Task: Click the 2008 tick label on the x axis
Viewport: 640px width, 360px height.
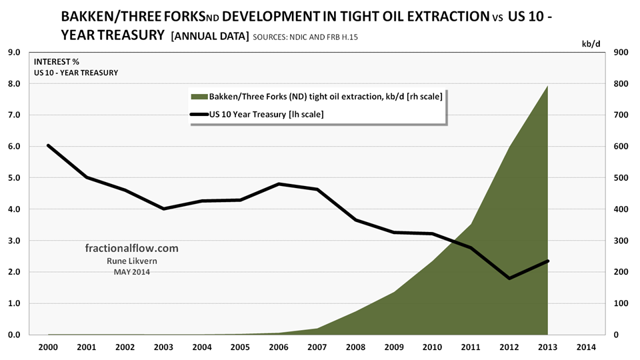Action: (355, 348)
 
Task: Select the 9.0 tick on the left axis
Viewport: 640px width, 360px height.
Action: (14, 52)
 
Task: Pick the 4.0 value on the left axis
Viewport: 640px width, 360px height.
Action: (14, 209)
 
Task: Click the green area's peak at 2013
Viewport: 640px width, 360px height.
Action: (547, 86)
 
